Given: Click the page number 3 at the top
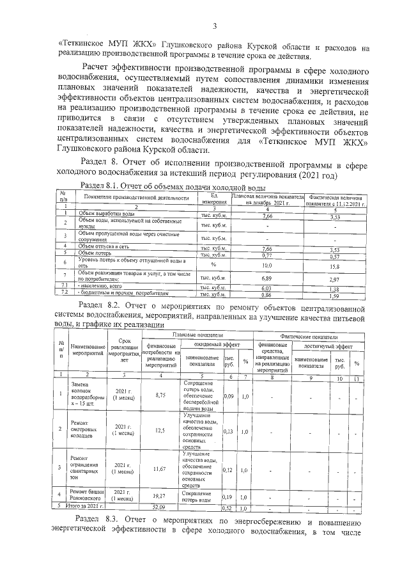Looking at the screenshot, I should (x=215, y=26).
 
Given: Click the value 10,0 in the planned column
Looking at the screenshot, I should (x=267, y=266).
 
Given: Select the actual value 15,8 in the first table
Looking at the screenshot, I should (x=334, y=267).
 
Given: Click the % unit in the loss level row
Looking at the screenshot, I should (x=214, y=264).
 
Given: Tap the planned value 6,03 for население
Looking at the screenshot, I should (x=267, y=289).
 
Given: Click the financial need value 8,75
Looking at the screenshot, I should (x=160, y=395).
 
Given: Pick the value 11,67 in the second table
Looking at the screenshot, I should (x=160, y=469).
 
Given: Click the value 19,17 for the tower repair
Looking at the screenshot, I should (x=160, y=496).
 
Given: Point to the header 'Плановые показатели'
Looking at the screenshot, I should (x=196, y=335).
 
